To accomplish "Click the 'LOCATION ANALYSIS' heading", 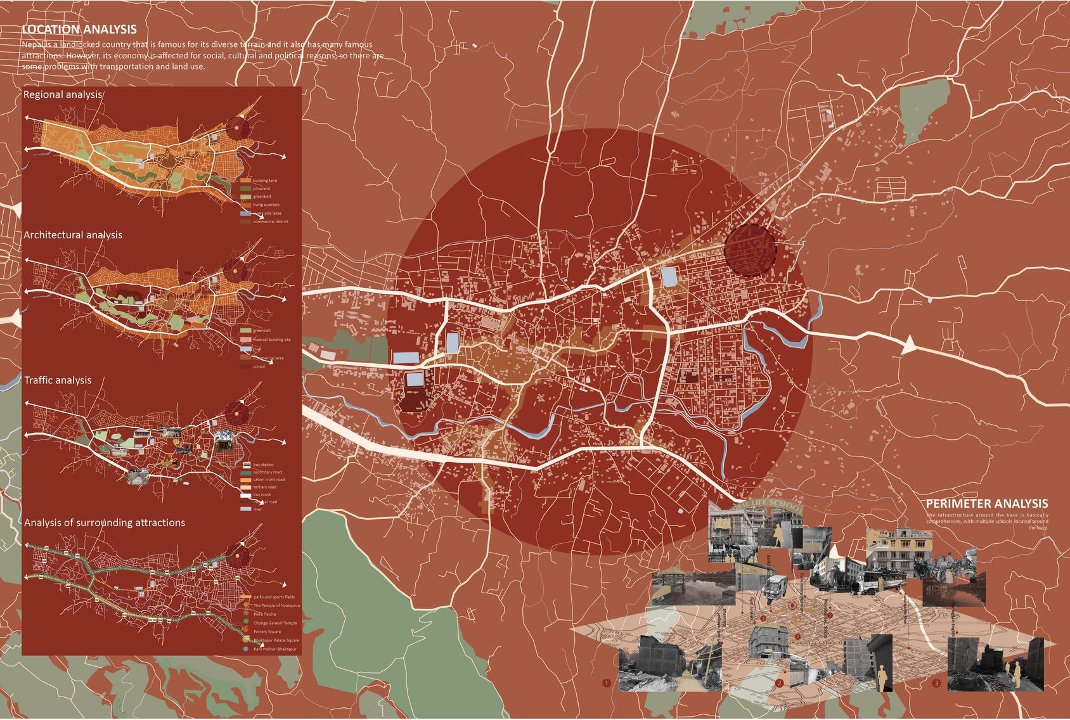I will pyautogui.click(x=79, y=29).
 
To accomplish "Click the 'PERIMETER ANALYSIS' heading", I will pyautogui.click(x=986, y=504).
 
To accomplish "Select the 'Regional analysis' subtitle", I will pyautogui.click(x=62, y=94).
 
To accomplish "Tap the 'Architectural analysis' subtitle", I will pyautogui.click(x=73, y=235).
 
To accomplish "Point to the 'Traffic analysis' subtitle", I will pyautogui.click(x=58, y=380).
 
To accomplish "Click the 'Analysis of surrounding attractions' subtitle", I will pyautogui.click(x=105, y=523).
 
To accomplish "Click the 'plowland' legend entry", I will pyautogui.click(x=261, y=189).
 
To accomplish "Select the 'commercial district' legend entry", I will pyautogui.click(x=270, y=222).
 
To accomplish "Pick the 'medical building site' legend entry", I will pyautogui.click(x=271, y=340).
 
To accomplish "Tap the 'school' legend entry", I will pyautogui.click(x=259, y=366).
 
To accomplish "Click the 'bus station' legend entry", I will pyautogui.click(x=263, y=465).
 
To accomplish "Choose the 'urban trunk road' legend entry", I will pyautogui.click(x=269, y=480).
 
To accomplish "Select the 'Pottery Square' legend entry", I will pyautogui.click(x=267, y=632).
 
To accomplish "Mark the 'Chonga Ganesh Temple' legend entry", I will pyautogui.click(x=274, y=623).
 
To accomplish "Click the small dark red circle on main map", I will pyautogui.click(x=750, y=250).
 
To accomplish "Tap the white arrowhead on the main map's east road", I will pyautogui.click(x=909, y=345).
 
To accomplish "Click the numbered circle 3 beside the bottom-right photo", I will pyautogui.click(x=937, y=683).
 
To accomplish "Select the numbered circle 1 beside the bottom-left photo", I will pyautogui.click(x=607, y=683).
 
